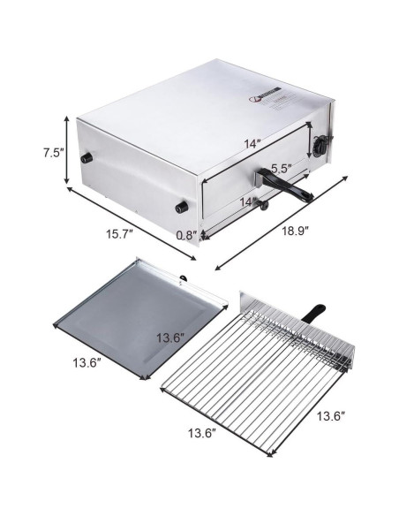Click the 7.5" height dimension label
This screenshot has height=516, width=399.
point(53,153)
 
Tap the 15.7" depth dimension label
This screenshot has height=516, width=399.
point(119,234)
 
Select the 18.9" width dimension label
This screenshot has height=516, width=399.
point(295,231)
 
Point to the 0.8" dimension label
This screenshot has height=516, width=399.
point(186,235)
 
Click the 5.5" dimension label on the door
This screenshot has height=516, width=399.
point(282,169)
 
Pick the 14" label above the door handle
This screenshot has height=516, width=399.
point(252,144)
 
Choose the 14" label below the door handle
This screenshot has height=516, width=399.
point(248,202)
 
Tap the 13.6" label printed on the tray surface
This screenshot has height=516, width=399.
point(169,338)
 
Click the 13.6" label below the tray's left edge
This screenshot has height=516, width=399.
point(87,363)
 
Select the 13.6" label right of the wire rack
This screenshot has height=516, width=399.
point(331,416)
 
